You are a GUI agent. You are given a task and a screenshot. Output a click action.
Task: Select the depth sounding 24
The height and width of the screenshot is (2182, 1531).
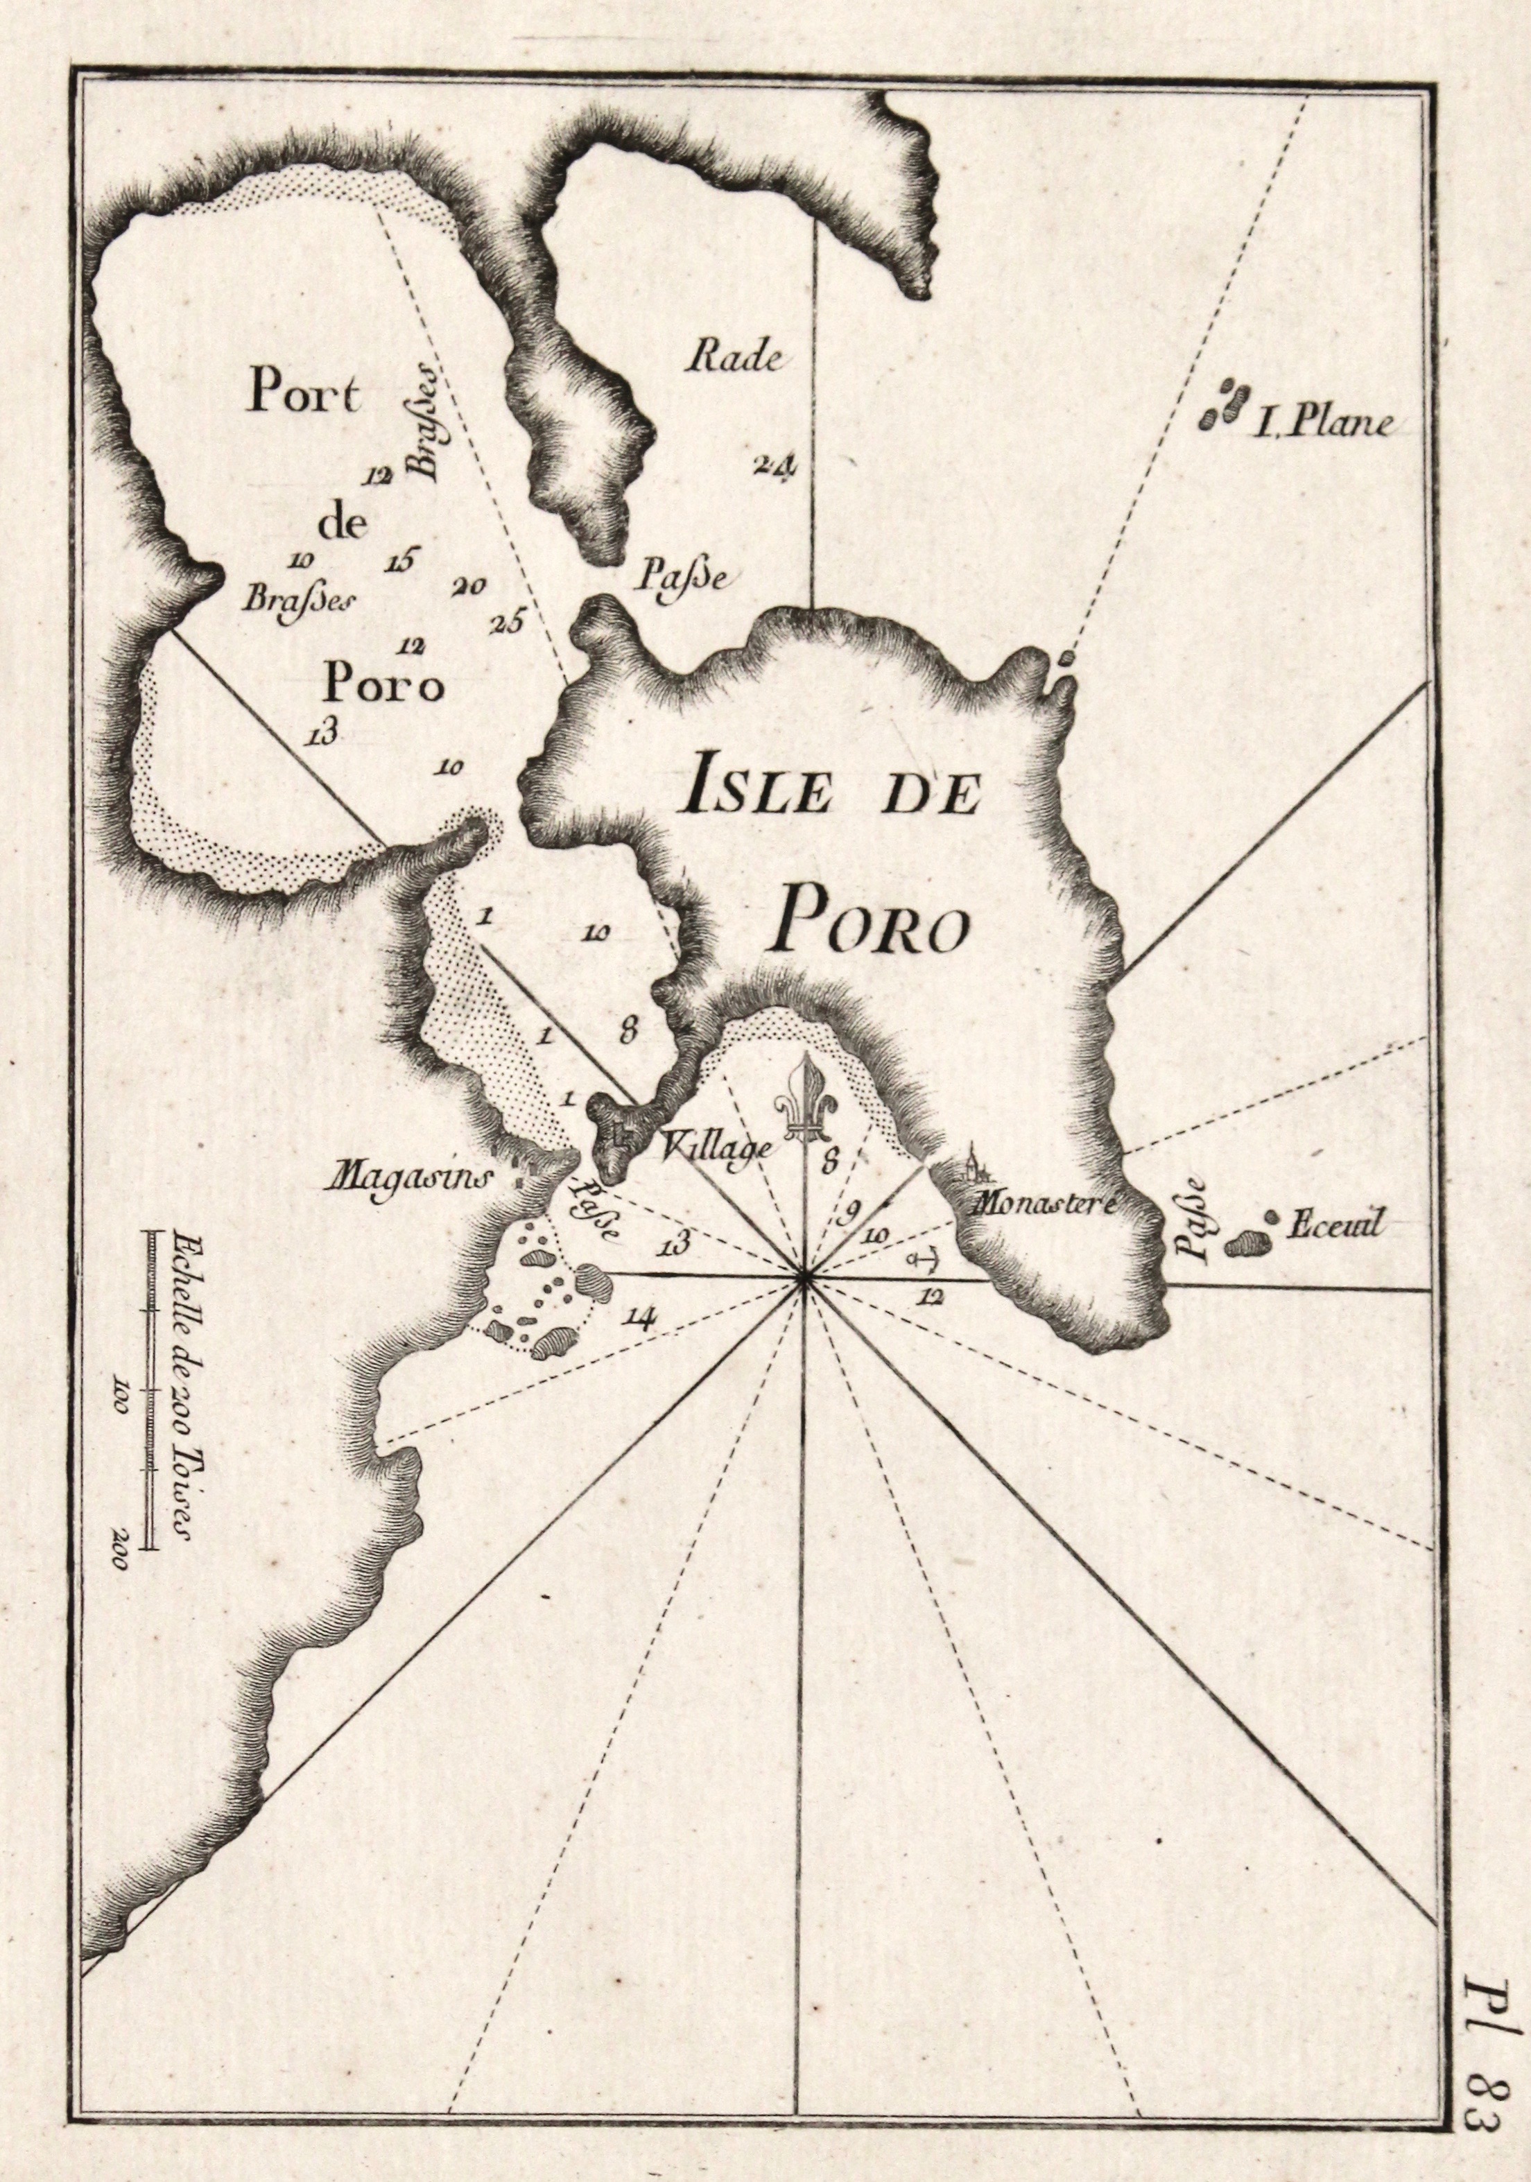click(777, 466)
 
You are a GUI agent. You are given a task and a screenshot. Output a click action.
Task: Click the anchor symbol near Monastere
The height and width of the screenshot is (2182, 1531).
click(919, 1261)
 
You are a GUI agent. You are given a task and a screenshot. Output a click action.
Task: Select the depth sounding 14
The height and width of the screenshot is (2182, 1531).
click(641, 1316)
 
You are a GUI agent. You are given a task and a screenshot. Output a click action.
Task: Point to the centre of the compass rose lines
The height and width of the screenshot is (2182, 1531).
click(805, 1282)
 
